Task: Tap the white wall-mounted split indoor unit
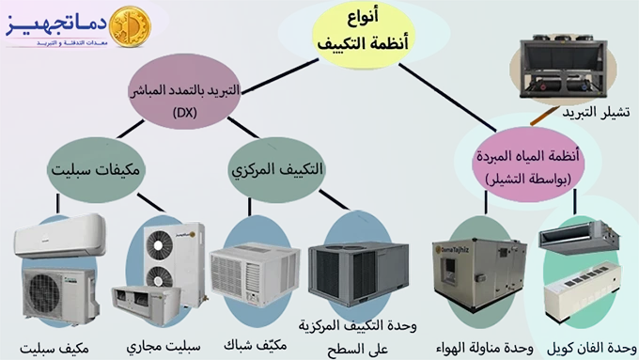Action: click(x=59, y=235)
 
